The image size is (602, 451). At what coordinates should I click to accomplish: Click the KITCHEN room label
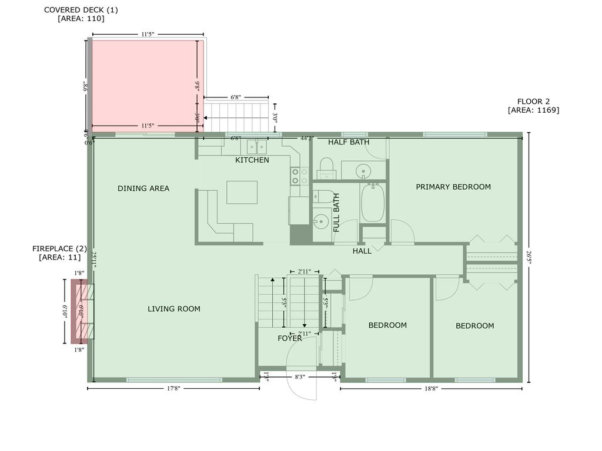click(252, 160)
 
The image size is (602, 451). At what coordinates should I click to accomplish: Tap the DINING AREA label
click(143, 189)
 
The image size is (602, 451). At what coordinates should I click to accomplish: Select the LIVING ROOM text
click(174, 309)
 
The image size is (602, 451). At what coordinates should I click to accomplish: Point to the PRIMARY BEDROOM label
click(453, 187)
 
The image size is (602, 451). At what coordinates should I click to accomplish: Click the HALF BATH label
click(349, 142)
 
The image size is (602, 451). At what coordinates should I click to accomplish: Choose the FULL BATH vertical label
click(337, 212)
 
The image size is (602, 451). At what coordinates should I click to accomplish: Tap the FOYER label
click(290, 338)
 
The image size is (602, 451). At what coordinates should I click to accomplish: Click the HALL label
click(362, 251)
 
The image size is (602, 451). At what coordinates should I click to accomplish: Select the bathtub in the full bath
click(373, 203)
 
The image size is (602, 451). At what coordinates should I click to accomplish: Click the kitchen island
click(242, 192)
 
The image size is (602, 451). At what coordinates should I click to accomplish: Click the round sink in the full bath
click(320, 222)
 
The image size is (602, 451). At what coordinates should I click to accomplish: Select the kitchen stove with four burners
click(300, 176)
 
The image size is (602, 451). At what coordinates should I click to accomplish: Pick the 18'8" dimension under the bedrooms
click(431, 388)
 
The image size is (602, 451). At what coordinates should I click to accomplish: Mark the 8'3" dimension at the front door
click(299, 377)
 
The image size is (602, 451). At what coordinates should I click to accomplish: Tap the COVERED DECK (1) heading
click(81, 10)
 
